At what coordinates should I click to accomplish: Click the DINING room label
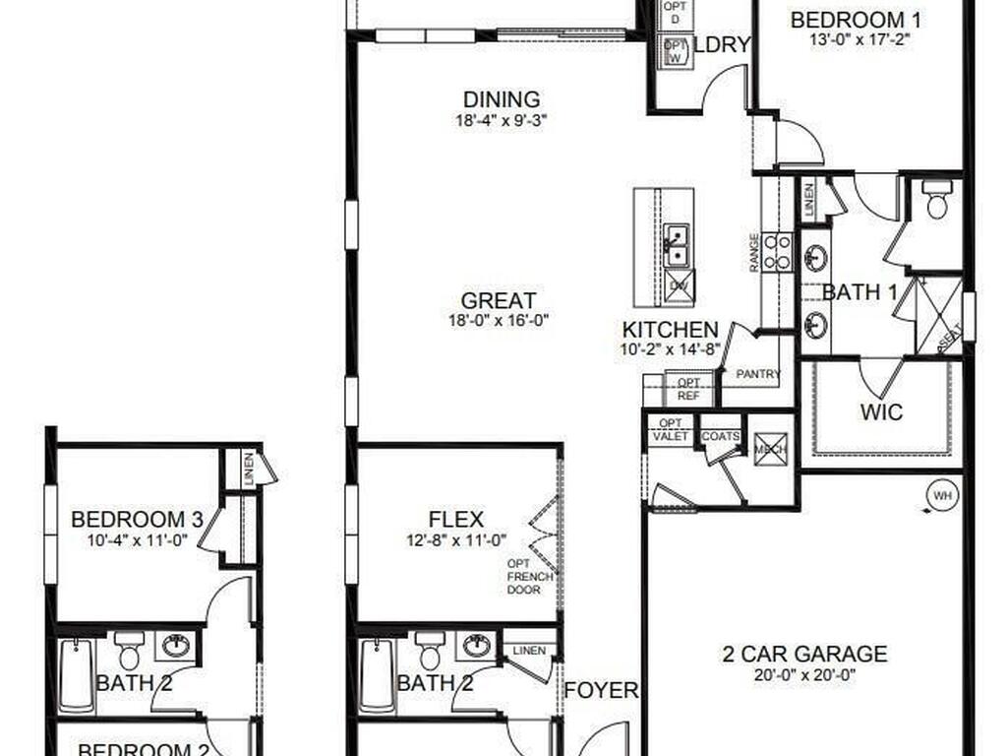tap(502, 99)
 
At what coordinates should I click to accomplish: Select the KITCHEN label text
tap(670, 330)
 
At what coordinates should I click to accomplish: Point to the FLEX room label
tap(455, 519)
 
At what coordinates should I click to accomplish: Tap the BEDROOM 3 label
tap(137, 519)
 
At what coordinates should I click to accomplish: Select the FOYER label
tap(600, 690)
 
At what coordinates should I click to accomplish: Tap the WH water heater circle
tap(942, 495)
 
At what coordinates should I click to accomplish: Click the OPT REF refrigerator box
tap(689, 390)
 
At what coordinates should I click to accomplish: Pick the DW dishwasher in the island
tap(679, 284)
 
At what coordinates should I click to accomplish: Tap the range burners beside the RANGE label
tap(778, 251)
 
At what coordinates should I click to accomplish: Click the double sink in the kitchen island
tap(676, 244)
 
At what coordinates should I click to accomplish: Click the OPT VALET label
tap(671, 429)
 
